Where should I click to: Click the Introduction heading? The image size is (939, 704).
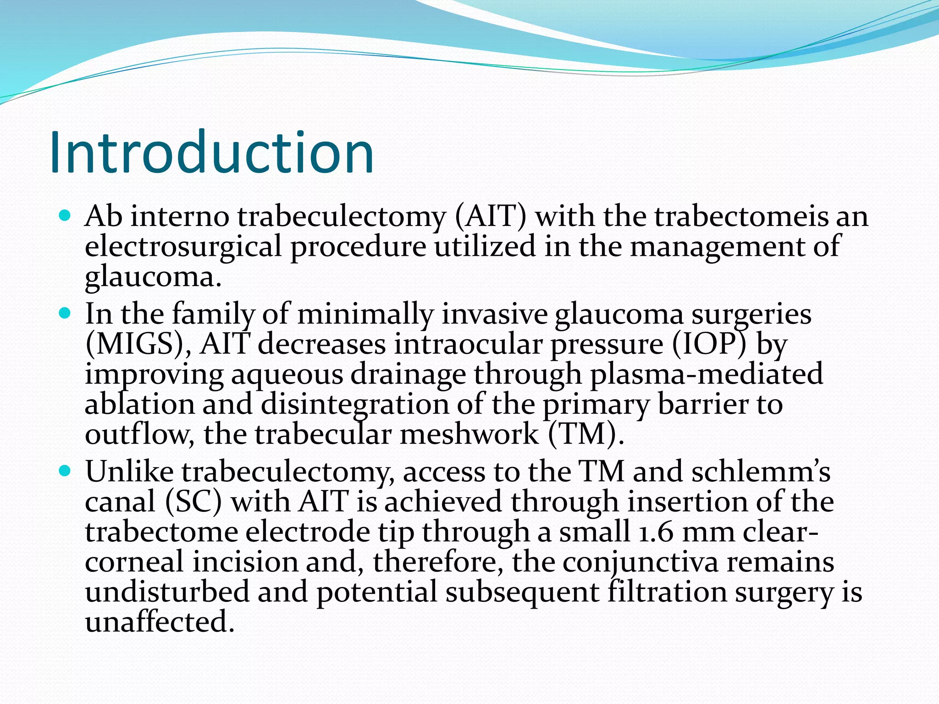(212, 153)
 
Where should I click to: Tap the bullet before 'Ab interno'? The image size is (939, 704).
(65, 215)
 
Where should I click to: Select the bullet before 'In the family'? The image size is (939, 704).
(65, 313)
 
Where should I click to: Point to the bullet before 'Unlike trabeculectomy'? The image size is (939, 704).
(65, 471)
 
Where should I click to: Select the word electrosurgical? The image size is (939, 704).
(183, 247)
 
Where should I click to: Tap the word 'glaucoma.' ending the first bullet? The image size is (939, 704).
(153, 277)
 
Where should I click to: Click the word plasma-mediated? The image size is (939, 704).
(706, 374)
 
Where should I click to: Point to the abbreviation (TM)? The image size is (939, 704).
(586, 434)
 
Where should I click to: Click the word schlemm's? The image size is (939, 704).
(761, 472)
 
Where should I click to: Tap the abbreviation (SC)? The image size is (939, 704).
(193, 501)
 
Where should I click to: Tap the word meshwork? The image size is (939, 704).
(469, 434)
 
